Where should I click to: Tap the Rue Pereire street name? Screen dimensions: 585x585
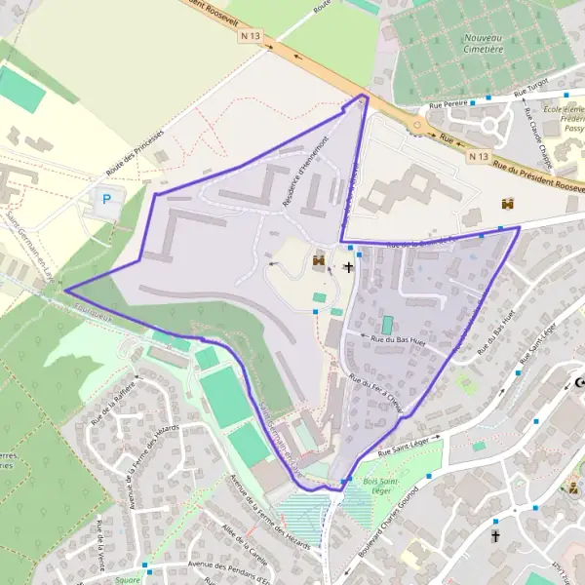pos(451,104)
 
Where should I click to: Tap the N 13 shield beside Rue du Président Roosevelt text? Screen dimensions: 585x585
pos(477,156)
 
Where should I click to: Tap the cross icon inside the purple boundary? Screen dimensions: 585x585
pos(348,266)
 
